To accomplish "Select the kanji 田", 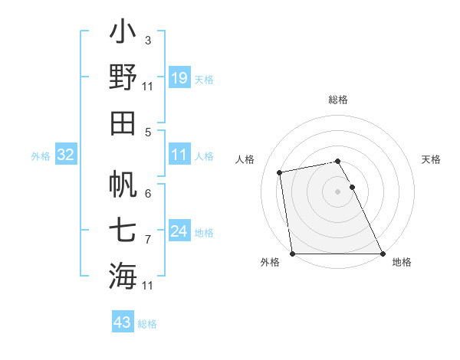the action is tap(123, 123).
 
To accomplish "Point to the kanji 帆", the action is tap(123, 184).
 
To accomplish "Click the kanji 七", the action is tap(123, 229).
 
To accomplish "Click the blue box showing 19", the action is tap(179, 78).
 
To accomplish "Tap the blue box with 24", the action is tap(179, 231).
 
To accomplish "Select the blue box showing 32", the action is tap(66, 155).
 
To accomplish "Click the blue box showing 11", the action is tap(179, 155).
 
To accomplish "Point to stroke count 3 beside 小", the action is tap(147, 40).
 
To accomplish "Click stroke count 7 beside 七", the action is tap(147, 239).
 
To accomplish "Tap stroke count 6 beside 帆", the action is tap(148, 193).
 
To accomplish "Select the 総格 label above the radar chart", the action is tap(337, 100).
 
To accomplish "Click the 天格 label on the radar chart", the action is tap(431, 159).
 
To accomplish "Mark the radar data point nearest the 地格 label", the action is tap(382, 254).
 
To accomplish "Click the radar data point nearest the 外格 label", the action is tap(292, 254).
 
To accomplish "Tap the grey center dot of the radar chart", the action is tap(337, 191).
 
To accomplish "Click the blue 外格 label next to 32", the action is tap(41, 155).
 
